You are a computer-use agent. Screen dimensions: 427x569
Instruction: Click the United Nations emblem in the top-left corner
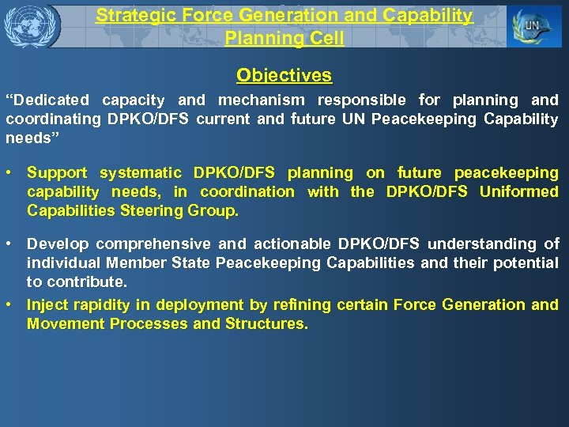pos(32,25)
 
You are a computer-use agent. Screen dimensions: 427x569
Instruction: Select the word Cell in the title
pos(327,38)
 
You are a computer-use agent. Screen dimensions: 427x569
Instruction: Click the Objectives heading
pos(284,76)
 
